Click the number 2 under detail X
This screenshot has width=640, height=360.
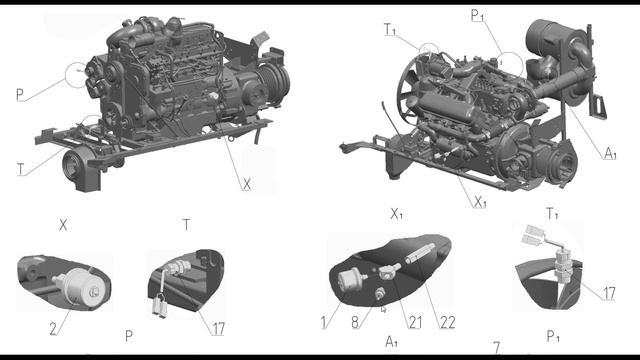(53, 329)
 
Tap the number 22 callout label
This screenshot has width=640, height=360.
(447, 322)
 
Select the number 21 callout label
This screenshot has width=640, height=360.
(415, 322)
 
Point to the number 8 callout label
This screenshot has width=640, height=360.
(355, 322)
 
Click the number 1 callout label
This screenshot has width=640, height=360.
(324, 322)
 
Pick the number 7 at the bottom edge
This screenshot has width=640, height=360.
(496, 348)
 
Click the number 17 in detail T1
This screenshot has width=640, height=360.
(609, 293)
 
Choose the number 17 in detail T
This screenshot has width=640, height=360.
(218, 329)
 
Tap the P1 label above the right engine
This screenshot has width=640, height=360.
(477, 15)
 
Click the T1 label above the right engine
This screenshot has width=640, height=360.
(390, 29)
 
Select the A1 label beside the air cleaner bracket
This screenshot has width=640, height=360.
(610, 153)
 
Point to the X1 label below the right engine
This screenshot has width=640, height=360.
(480, 202)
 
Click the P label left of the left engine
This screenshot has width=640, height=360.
(20, 95)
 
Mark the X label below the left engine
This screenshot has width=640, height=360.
(247, 185)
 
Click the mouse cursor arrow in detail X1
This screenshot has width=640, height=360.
(383, 309)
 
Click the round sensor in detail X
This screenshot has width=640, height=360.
(84, 286)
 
